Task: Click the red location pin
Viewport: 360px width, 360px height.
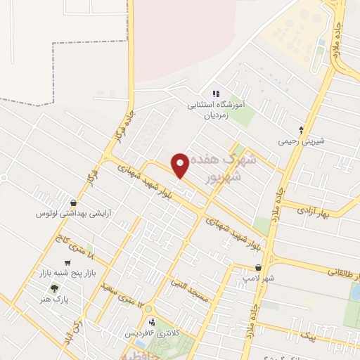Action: tap(180, 165)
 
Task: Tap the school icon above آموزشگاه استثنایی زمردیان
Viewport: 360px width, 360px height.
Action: tap(216, 94)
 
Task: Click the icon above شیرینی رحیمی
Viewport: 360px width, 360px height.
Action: tap(302, 130)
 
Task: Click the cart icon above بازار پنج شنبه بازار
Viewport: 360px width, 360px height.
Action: tap(67, 263)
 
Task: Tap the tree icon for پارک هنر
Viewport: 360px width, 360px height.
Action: tap(54, 288)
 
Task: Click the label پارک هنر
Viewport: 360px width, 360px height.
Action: tap(55, 299)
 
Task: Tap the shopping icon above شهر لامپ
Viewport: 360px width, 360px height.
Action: tap(259, 268)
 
